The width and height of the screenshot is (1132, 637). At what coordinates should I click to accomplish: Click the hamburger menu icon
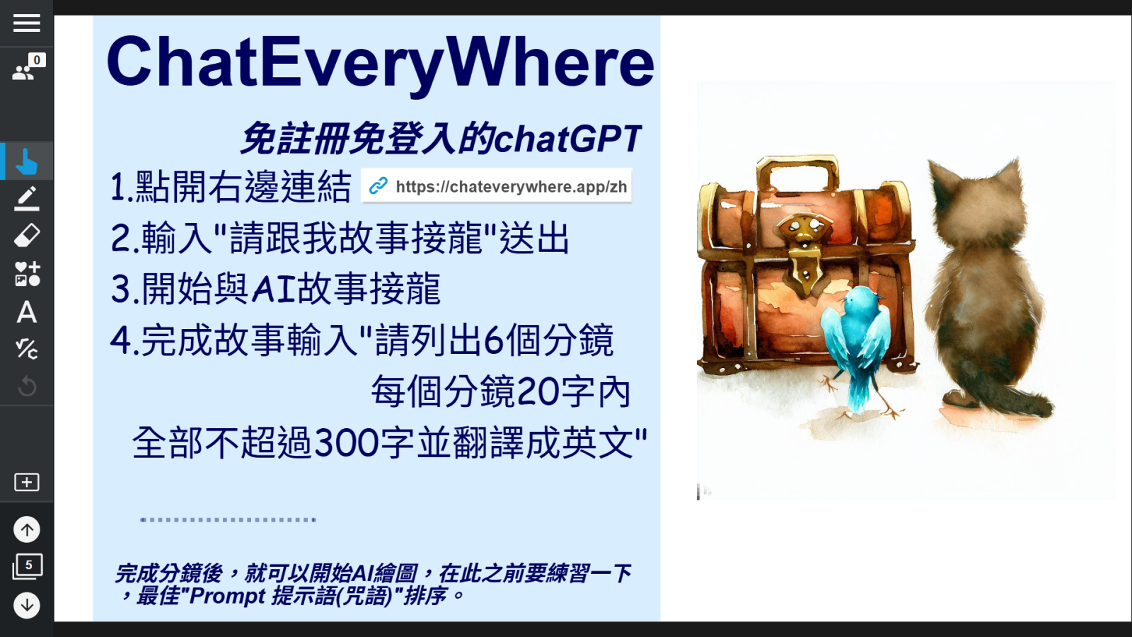pos(26,23)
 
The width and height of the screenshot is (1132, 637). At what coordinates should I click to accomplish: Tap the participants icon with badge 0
pos(28,67)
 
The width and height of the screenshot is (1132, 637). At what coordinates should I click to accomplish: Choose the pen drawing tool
pos(26,198)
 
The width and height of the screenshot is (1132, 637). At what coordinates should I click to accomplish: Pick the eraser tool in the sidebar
pos(26,236)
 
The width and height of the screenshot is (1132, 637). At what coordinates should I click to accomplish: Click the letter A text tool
pos(26,312)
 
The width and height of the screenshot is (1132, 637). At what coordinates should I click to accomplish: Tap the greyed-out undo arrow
pos(26,386)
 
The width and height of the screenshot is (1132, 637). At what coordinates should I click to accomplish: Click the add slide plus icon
pos(26,482)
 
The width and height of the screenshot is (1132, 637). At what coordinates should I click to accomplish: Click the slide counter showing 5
pos(28,566)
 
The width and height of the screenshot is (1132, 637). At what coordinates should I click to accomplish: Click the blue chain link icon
pos(378,186)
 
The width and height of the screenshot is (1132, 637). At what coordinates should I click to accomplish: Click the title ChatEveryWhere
pos(380,63)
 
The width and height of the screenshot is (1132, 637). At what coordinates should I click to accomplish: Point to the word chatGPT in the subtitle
pos(568,139)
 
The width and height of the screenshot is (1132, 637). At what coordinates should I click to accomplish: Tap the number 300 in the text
pos(346,443)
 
